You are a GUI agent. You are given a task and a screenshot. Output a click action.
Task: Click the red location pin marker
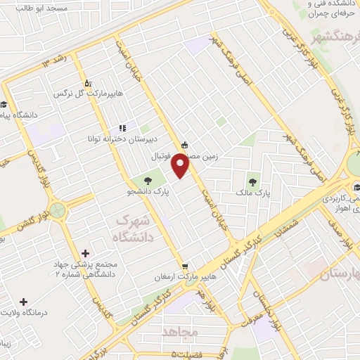181,166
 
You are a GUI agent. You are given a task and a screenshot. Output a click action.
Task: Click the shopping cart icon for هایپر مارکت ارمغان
185,266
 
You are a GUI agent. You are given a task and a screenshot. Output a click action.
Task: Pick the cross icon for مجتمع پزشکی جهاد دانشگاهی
86,252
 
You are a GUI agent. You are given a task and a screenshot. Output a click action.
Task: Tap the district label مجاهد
181,330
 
